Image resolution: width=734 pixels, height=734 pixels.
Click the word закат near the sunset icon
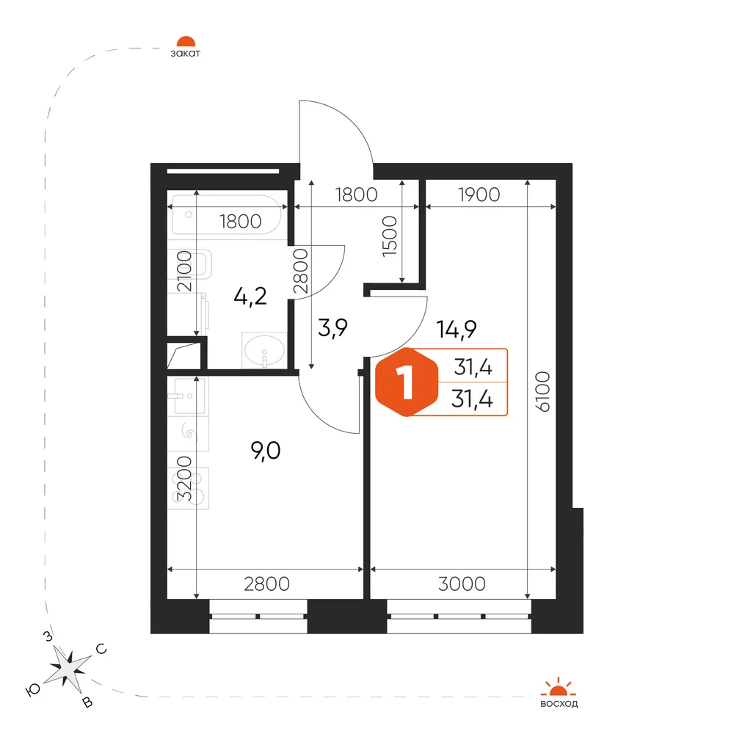(x=186, y=54)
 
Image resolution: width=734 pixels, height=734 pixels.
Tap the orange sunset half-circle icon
(x=186, y=41)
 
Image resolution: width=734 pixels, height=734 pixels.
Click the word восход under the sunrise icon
(x=559, y=704)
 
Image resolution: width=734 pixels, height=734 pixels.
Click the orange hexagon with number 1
(x=407, y=382)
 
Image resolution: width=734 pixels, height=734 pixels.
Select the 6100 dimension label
(x=542, y=392)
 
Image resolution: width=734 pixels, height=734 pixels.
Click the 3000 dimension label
(x=462, y=584)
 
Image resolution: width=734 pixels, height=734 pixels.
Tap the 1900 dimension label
(x=479, y=195)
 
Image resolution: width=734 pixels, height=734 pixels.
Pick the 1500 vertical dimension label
(x=390, y=236)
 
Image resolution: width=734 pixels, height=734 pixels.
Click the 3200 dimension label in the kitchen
(x=184, y=479)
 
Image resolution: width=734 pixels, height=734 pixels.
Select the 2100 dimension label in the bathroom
(x=184, y=272)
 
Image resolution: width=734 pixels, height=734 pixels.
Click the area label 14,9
(x=457, y=330)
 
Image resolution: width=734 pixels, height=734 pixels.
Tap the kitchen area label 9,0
(x=266, y=451)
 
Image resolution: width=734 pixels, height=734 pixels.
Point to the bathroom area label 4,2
(x=250, y=297)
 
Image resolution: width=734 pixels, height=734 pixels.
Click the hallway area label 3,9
(x=333, y=327)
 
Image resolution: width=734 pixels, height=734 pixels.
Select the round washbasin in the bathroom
(x=264, y=349)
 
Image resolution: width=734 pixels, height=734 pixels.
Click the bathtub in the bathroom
(x=227, y=215)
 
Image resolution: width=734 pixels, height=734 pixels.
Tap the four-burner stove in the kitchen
(x=189, y=488)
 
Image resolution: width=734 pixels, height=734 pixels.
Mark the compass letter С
(x=101, y=649)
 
